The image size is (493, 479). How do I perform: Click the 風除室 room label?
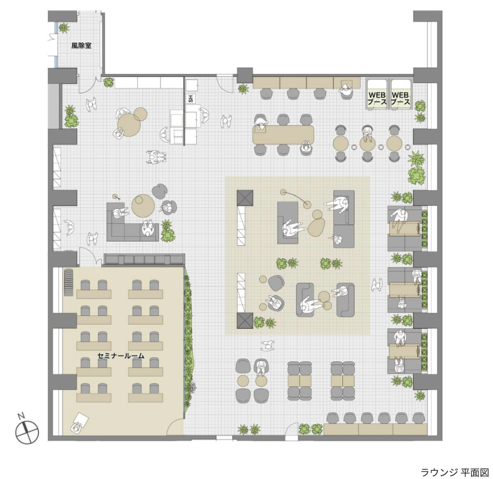click(81, 46)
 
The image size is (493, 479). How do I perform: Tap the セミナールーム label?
click(121, 356)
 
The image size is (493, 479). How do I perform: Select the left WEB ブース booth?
click(377, 94)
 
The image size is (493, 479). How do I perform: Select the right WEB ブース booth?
click(400, 94)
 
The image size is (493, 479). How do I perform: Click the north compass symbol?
click(27, 431)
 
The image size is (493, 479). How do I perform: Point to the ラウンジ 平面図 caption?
click(455, 472)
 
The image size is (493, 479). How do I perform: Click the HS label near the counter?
click(190, 98)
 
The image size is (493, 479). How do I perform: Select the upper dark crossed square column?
click(245, 198)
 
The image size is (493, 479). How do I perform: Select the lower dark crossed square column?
click(245, 321)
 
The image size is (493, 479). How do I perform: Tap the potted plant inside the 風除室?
click(64, 28)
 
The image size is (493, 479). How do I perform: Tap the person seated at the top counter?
click(346, 91)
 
